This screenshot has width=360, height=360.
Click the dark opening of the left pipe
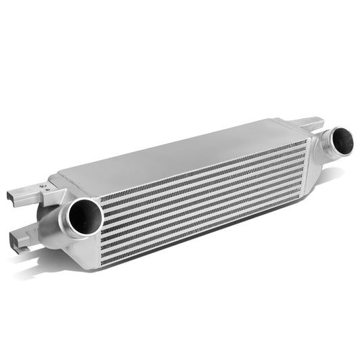[86, 217]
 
